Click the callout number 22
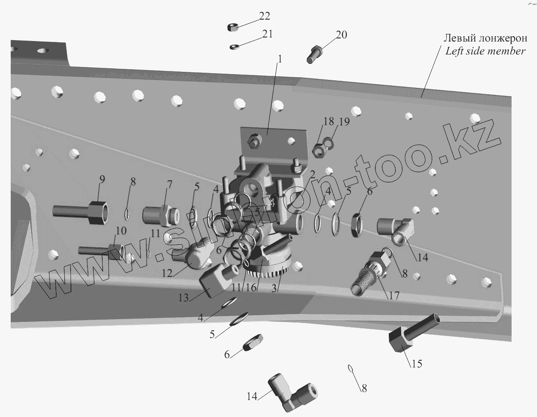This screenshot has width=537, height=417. (264, 16)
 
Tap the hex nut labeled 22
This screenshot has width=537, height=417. (232, 27)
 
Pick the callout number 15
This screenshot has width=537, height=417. (416, 364)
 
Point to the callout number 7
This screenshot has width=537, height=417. (169, 184)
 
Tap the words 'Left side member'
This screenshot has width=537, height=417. (485, 51)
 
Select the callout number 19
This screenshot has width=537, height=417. (344, 122)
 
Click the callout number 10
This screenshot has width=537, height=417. (121, 231)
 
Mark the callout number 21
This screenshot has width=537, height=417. (266, 34)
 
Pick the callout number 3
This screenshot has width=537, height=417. (276, 288)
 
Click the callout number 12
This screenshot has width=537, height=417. (167, 273)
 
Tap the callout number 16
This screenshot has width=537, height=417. (251, 288)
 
